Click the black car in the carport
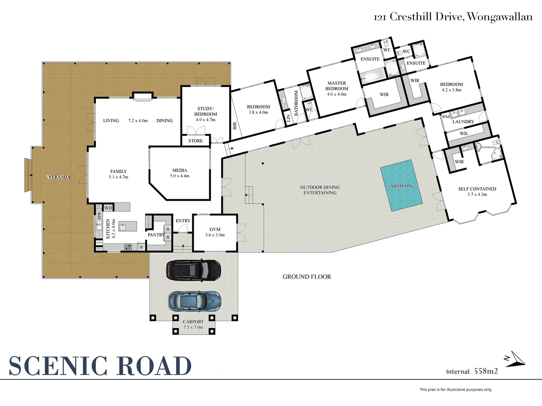pyautogui.click(x=193, y=270)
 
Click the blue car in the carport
pyautogui.click(x=194, y=301)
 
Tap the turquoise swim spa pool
pyautogui.click(x=401, y=186)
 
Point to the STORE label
pyautogui.click(x=195, y=141)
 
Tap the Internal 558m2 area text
pyautogui.click(x=472, y=371)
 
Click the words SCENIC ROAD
pyautogui.click(x=100, y=366)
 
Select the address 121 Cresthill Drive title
pyautogui.click(x=453, y=17)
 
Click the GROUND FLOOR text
pyautogui.click(x=307, y=277)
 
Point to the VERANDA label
pyautogui.click(x=59, y=177)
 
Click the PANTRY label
pyautogui.click(x=156, y=235)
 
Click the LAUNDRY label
pyautogui.click(x=463, y=122)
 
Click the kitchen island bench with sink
pyautogui.click(x=127, y=226)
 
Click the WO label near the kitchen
pyautogui.click(x=108, y=208)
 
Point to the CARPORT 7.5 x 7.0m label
pyautogui.click(x=193, y=324)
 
